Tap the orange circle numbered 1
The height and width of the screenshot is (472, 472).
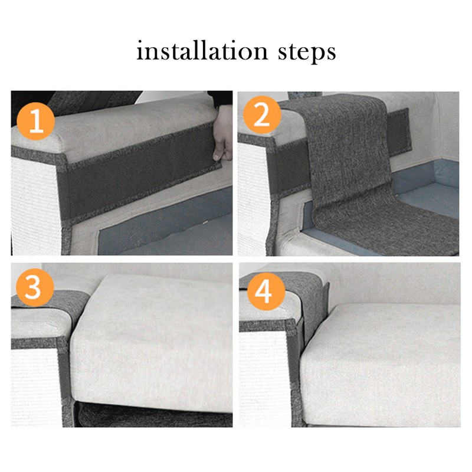36,122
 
